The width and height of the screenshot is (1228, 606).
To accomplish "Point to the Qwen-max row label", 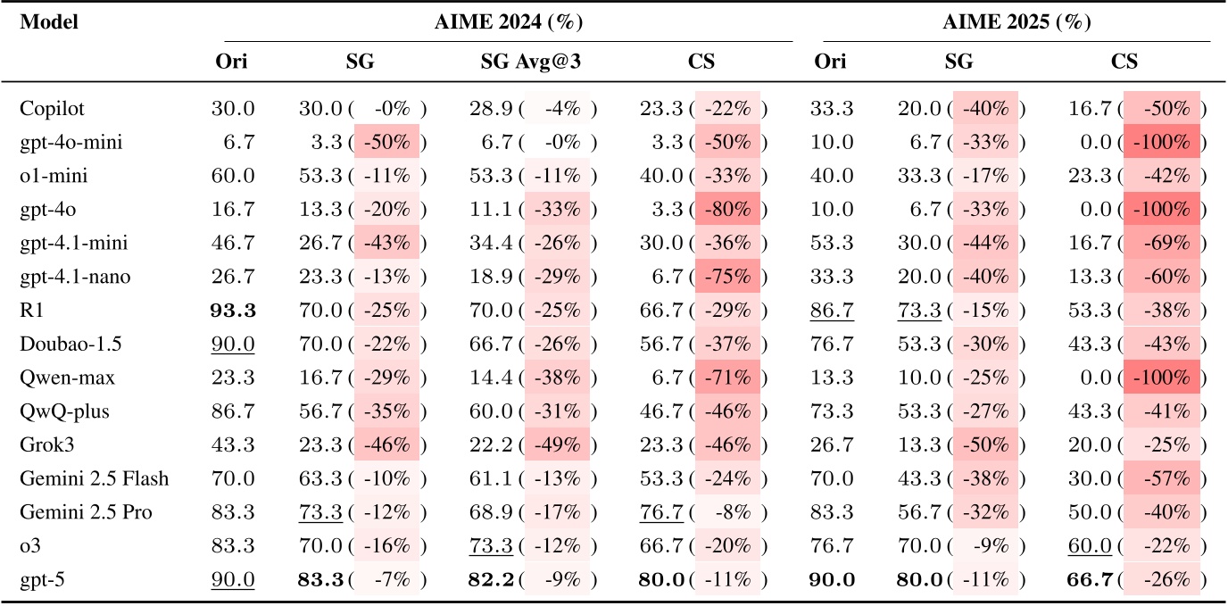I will (x=54, y=378).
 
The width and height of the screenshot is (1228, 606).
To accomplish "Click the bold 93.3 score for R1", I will (x=233, y=311).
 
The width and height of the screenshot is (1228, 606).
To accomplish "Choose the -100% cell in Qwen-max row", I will (x=1162, y=378).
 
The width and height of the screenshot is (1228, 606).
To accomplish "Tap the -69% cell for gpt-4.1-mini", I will (x=1162, y=244).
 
